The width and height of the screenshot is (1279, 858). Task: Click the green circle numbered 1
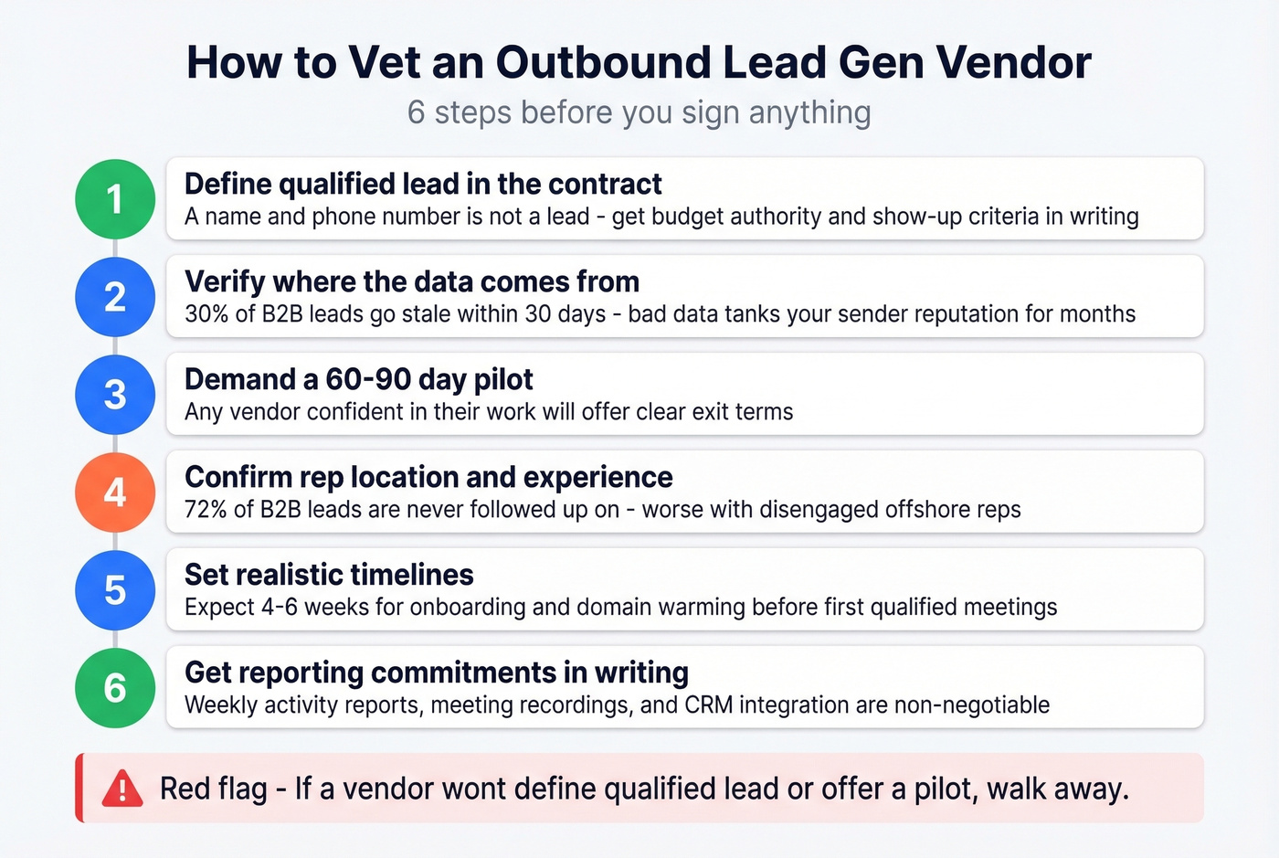[x=115, y=199]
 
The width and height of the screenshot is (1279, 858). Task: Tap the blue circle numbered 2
[x=115, y=297]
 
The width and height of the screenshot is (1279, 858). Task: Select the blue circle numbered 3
[x=115, y=395]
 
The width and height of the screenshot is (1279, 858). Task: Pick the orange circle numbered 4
[x=115, y=493]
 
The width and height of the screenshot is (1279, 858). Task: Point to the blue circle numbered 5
[x=115, y=590]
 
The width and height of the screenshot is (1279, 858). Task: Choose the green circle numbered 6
[x=115, y=688]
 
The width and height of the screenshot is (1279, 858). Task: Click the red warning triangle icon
[x=122, y=789]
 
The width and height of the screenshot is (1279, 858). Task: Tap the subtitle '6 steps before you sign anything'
[x=639, y=112]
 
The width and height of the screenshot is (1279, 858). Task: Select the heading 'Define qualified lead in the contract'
[x=423, y=184]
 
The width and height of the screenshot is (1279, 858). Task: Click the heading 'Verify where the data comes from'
[x=412, y=281]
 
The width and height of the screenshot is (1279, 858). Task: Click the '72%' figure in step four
[x=206, y=509]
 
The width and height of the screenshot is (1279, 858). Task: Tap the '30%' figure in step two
[x=206, y=313]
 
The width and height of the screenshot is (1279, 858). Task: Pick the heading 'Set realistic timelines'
[x=329, y=575]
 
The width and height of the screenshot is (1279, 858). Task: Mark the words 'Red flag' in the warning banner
[x=214, y=789]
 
